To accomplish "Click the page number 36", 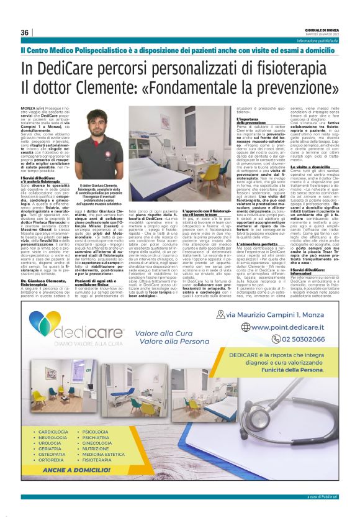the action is tap(25, 32).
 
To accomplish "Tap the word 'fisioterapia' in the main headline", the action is tap(300, 68).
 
